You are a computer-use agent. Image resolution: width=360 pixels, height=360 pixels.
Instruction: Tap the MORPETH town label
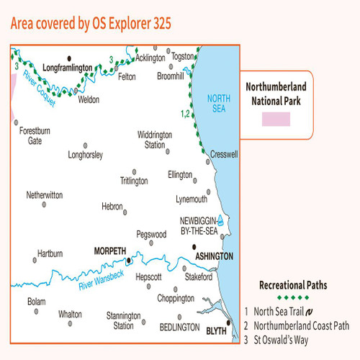coord(109,251)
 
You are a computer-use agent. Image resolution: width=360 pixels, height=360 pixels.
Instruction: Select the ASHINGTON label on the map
coord(214,256)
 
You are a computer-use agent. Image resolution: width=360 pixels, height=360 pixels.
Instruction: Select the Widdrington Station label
coord(155,139)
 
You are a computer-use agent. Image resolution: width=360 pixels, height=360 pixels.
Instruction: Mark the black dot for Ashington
coord(194,247)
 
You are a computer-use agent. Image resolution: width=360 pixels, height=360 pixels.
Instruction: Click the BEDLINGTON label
coord(179,327)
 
